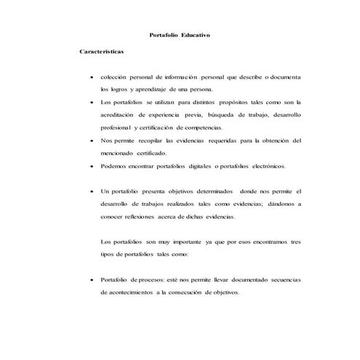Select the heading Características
tap(102, 52)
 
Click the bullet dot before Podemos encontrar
tap(89, 166)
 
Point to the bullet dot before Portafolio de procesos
tap(89, 280)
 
